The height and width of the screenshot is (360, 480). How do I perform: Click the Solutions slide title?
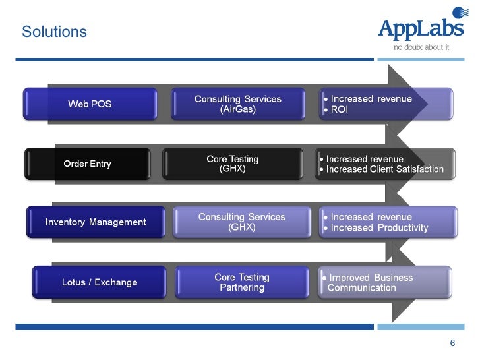click(x=54, y=32)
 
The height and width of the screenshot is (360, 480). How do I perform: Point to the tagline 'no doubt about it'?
click(x=421, y=47)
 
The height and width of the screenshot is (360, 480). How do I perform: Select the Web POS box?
click(x=90, y=105)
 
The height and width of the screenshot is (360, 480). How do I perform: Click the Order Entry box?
click(x=87, y=164)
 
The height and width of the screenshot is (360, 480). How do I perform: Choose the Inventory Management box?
click(x=96, y=222)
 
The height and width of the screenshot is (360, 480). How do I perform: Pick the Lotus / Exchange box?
click(x=100, y=282)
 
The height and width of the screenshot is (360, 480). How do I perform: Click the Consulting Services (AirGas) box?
click(x=237, y=104)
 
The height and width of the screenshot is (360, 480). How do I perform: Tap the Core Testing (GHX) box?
click(x=232, y=164)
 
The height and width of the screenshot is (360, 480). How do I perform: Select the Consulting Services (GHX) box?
click(x=241, y=222)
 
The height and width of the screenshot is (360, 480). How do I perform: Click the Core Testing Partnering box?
click(x=242, y=282)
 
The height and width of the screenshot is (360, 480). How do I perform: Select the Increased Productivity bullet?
click(x=379, y=228)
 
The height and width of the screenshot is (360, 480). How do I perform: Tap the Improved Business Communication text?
click(x=370, y=282)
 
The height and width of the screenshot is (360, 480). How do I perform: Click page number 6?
click(x=452, y=343)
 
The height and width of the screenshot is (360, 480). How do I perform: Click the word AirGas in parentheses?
click(x=237, y=110)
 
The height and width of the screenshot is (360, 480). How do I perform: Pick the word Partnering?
click(x=242, y=288)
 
